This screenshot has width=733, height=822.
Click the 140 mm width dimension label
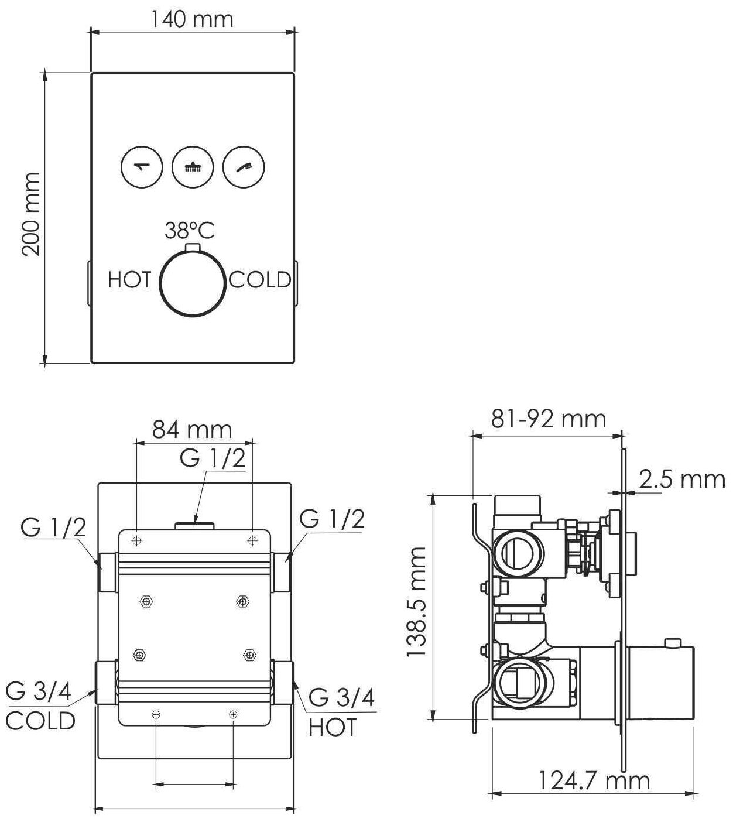pyautogui.click(x=192, y=19)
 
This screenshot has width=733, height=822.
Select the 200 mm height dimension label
pyautogui.click(x=31, y=214)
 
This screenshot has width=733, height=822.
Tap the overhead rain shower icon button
pyautogui.click(x=193, y=167)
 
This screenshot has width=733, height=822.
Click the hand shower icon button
pyautogui.click(x=244, y=167)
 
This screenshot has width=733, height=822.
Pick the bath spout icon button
pyautogui.click(x=142, y=167)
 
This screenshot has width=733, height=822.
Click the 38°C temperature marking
pyautogui.click(x=189, y=231)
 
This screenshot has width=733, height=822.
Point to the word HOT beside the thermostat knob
pyautogui.click(x=129, y=280)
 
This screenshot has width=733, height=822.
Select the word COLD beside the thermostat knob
pyautogui.click(x=260, y=280)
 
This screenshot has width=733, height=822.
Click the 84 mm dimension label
pyautogui.click(x=192, y=430)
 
